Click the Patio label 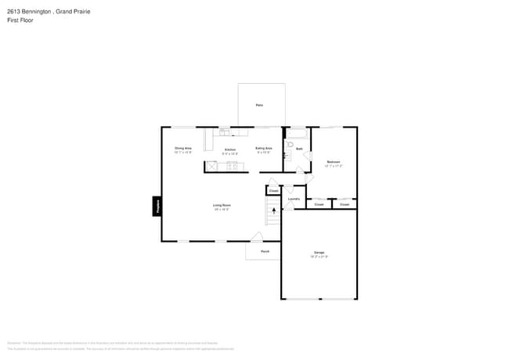tap(259, 105)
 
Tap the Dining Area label tap(183, 148)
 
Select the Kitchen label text tap(229, 149)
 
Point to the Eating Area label tap(264, 148)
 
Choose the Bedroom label tap(334, 162)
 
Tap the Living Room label tap(222, 205)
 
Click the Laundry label tap(294, 199)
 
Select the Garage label tap(319, 253)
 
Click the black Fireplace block tap(157, 207)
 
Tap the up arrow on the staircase tap(273, 209)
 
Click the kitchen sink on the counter tap(224, 132)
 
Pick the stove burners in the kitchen tap(232, 164)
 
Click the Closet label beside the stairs tap(273, 191)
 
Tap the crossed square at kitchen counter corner tap(211, 166)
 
